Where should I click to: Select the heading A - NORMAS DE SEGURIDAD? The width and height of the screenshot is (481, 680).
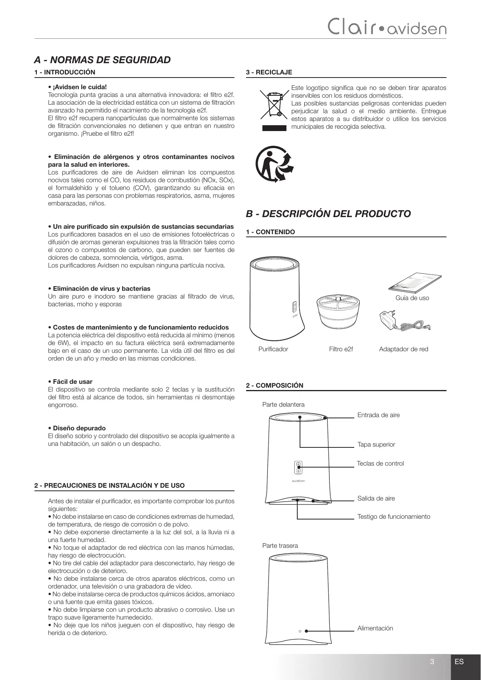[x=102, y=60]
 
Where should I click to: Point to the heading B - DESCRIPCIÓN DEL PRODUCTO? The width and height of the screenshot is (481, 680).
[x=328, y=214]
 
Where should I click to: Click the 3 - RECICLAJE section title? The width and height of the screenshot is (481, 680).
[x=269, y=72]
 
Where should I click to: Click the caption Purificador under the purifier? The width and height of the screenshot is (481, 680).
[x=273, y=349]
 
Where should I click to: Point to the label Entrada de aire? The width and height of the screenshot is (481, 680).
[x=378, y=415]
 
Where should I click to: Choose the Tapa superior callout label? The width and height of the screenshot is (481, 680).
[x=376, y=445]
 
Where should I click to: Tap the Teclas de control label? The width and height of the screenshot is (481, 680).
[x=380, y=464]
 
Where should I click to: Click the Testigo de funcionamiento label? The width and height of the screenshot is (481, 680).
[x=393, y=517]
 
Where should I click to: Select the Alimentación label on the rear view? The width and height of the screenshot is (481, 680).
[x=375, y=628]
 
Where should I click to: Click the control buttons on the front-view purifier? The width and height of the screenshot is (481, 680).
[x=298, y=468]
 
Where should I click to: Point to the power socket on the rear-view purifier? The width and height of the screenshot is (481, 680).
[x=300, y=631]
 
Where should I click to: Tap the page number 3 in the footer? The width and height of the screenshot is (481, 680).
[x=432, y=662]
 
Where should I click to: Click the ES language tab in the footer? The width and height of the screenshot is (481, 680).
[x=459, y=662]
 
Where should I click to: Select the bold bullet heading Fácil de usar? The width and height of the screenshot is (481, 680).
[x=72, y=382]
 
